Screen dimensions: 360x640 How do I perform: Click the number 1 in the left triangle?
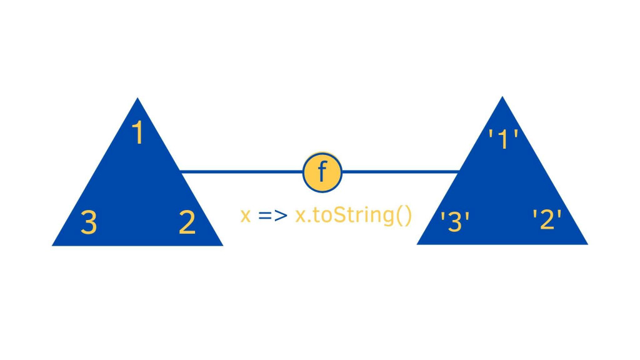pos(138,133)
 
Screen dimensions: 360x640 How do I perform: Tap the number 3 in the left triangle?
pos(89,222)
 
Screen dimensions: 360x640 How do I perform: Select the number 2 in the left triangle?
pos(186,222)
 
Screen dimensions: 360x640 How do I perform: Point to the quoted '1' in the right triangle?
pos(503,139)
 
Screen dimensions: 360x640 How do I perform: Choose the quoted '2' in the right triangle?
pos(547,219)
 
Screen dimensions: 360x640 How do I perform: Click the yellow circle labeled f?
pos(322,171)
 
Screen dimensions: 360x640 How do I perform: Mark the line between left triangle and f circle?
pos(241,171)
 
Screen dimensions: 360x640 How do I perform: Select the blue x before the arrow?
pos(246,216)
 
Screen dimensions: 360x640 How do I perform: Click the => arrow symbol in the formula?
pos(272,216)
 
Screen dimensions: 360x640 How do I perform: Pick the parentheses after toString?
pos(404,216)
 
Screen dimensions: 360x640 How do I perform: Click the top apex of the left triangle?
pos(137,99)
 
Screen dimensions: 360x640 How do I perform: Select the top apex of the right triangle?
pos(502,98)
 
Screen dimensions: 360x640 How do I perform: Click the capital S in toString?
pos(344,216)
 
